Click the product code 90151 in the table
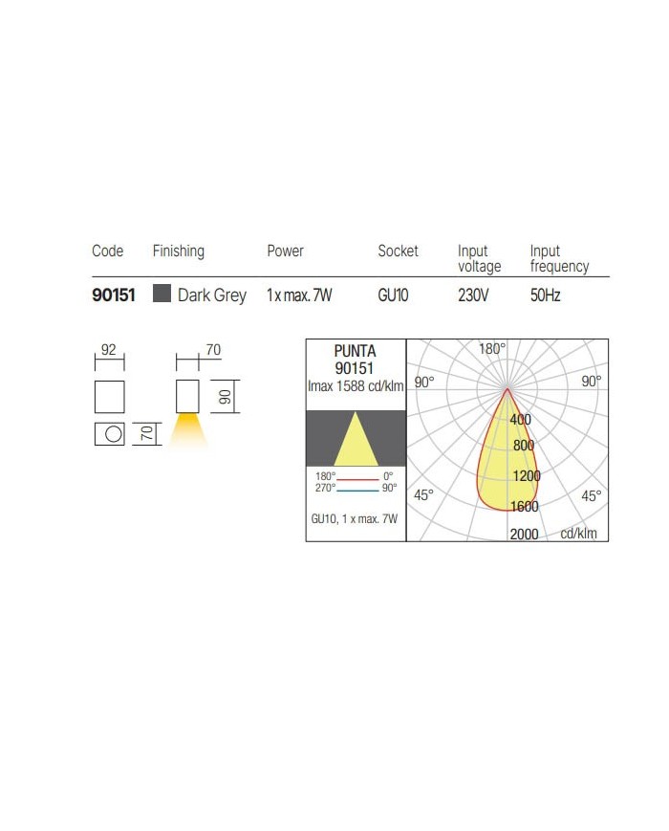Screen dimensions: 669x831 114,295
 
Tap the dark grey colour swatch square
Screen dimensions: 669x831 162,293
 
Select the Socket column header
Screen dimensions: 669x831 398,251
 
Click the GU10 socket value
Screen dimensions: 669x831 393,295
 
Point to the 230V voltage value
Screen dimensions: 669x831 473,295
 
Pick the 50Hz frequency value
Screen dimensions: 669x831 545,295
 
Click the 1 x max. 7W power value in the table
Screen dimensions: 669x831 299,295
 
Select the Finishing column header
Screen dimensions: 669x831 179,251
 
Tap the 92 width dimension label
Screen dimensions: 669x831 109,350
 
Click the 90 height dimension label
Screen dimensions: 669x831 226,397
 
